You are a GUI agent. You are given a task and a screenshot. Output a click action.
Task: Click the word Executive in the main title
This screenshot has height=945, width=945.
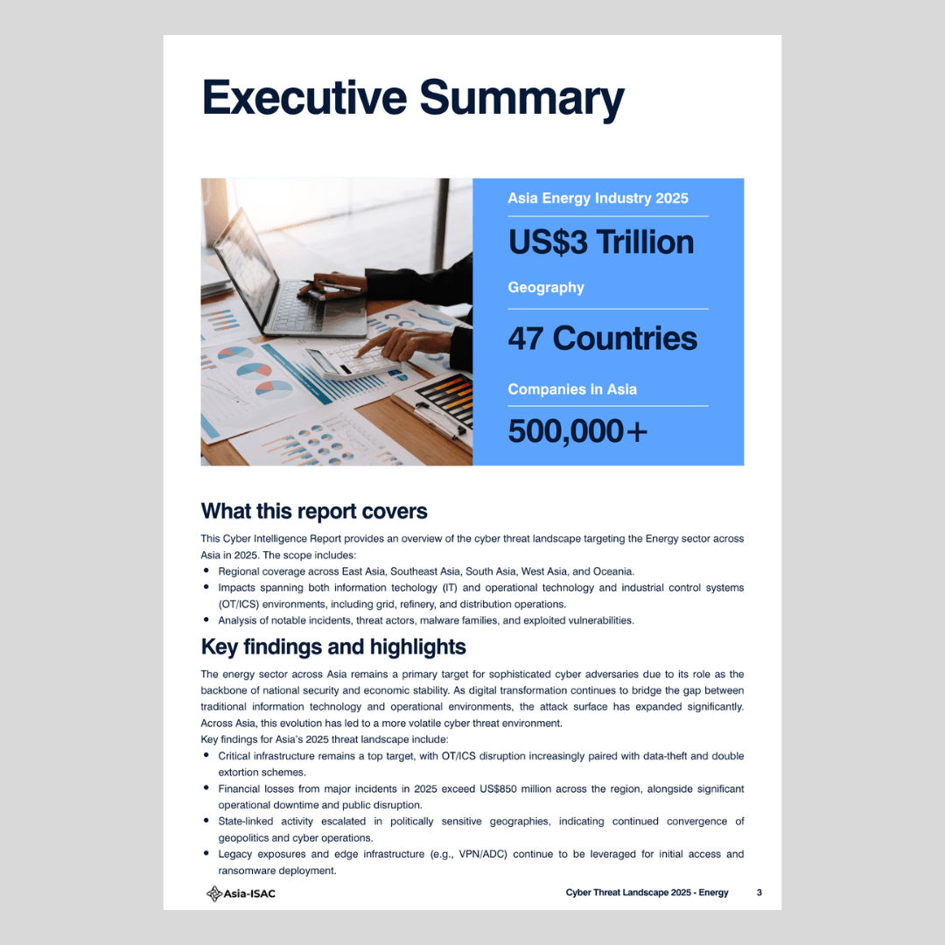coord(303,97)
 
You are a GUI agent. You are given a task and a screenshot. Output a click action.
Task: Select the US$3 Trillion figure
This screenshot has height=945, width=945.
coord(600,242)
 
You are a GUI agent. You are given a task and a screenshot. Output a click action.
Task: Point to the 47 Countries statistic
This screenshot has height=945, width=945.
coord(602,339)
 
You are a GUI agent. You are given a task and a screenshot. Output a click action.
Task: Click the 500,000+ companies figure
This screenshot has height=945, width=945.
coord(577,430)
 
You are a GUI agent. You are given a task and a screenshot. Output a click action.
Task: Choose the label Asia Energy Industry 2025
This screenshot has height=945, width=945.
coord(598,199)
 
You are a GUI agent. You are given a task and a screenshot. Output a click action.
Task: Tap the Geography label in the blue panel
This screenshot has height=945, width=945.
coord(545,288)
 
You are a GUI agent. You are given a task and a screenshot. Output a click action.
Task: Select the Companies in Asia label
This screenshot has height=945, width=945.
coord(571,389)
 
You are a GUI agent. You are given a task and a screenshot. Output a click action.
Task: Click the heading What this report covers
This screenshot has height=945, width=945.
coord(314,511)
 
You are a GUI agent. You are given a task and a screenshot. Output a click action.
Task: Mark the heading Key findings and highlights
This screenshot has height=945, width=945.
coord(333,647)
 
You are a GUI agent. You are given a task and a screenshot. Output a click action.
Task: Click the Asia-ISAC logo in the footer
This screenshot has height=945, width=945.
coord(241,892)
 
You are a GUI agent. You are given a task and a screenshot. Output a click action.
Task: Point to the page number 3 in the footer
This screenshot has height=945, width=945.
coord(759,892)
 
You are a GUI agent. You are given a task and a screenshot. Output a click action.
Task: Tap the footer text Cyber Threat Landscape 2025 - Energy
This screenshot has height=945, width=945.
coord(647,892)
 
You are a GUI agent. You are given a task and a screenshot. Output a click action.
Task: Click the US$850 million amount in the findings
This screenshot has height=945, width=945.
coord(514,788)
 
